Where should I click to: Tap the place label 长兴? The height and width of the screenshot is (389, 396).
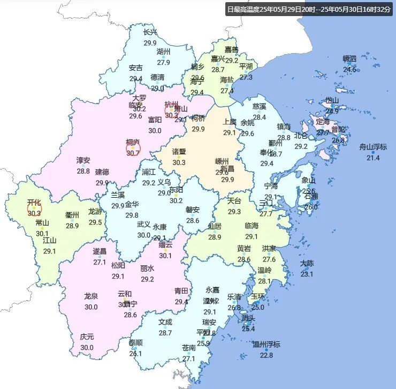point(150,32)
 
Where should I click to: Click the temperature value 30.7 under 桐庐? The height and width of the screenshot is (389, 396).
point(132,153)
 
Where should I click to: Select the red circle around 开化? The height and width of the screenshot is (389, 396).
point(34,206)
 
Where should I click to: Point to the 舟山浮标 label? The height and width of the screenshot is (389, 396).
point(372,146)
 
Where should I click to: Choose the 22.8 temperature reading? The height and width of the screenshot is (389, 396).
point(266,355)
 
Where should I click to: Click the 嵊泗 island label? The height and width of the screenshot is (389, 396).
point(349,58)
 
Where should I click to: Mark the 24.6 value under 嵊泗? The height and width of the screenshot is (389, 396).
point(349,69)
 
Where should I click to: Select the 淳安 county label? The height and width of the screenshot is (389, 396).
point(83,160)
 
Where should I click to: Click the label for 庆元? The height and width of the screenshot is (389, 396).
point(87,336)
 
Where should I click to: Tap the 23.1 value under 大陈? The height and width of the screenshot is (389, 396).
point(307,274)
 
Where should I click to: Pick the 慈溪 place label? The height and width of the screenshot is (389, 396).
point(259,106)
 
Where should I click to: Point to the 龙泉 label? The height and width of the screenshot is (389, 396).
point(91,296)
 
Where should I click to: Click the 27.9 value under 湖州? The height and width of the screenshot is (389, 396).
point(163,62)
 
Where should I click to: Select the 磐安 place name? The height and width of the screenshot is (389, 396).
point(193,210)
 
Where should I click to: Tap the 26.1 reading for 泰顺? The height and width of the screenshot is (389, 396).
point(135,353)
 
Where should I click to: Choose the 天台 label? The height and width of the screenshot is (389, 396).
point(234,201)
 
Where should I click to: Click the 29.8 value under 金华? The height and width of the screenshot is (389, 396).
point(132,215)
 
